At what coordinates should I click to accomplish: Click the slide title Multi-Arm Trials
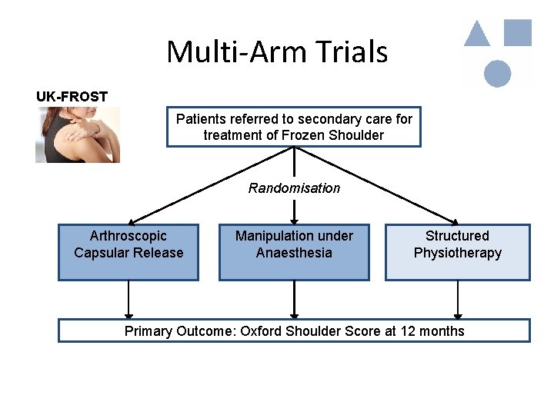(277, 52)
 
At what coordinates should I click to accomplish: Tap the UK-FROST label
(72, 97)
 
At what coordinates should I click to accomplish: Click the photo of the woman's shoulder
(77, 134)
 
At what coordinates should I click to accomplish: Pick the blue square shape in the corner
(517, 32)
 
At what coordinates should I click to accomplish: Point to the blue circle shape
(498, 73)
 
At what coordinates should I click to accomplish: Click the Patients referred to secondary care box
(294, 127)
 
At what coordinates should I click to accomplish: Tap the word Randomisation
(294, 188)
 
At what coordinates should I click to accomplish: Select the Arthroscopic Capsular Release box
(128, 252)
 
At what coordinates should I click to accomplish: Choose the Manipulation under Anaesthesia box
(294, 252)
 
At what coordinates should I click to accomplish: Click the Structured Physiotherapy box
(457, 252)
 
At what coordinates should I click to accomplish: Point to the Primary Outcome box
(294, 331)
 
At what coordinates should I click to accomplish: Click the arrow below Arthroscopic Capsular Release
(128, 300)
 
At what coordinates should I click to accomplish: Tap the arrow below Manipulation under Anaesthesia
(294, 300)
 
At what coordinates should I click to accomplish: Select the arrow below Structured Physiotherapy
(458, 300)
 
